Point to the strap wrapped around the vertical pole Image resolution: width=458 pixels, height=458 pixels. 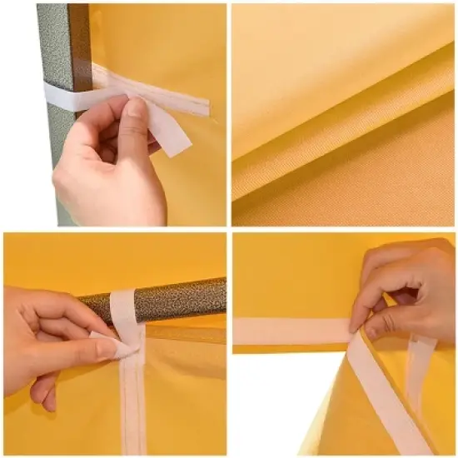point(67,93)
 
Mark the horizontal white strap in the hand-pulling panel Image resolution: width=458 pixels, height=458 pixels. point(291,330)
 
